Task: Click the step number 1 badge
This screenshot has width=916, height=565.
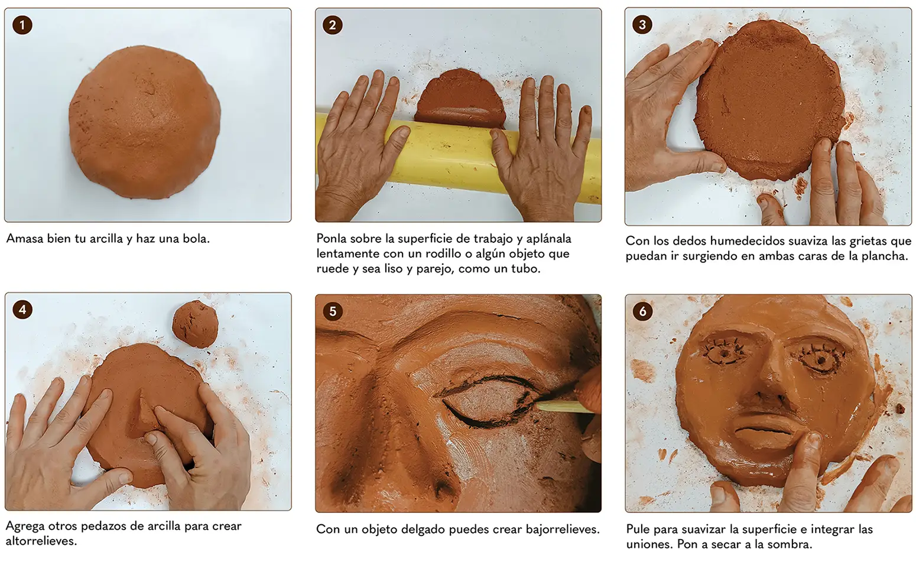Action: (22, 25)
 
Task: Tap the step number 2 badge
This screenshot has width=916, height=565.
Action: (333, 25)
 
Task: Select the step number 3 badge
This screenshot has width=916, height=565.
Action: (642, 25)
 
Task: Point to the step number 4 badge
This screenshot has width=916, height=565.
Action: (22, 310)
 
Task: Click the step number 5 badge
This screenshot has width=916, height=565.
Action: (333, 311)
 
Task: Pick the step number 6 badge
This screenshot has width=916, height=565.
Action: (642, 311)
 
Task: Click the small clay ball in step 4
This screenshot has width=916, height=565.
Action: (195, 324)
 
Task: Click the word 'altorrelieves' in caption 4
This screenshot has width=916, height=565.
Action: (41, 541)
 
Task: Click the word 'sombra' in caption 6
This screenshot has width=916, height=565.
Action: (792, 544)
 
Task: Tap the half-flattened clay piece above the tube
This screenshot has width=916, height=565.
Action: (460, 98)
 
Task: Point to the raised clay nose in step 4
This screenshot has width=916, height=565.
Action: (141, 413)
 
